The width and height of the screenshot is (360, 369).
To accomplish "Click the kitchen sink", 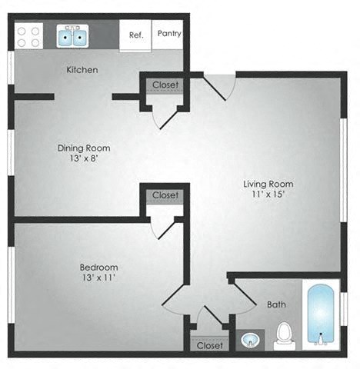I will (75, 35).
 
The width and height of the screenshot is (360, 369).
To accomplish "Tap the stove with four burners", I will (29, 35).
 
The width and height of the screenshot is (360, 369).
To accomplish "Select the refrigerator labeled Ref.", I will (136, 35).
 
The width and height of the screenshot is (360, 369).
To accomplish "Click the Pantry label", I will (168, 34).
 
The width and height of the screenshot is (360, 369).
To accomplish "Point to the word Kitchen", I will (82, 70).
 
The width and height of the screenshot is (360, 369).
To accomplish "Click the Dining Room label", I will (84, 148).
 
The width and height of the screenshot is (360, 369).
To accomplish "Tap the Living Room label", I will (268, 184).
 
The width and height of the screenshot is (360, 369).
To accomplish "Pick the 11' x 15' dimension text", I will (268, 194).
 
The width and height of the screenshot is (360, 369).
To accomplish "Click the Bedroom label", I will (98, 266).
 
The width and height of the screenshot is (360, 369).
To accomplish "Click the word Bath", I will (276, 304).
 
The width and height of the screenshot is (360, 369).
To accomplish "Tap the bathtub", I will (319, 315).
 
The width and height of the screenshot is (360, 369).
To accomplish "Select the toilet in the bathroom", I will (285, 334).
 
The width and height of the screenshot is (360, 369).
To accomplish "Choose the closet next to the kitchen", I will (165, 85).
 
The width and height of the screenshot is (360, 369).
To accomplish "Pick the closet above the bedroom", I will (165, 195).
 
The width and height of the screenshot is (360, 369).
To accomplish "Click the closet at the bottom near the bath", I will (208, 345).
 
